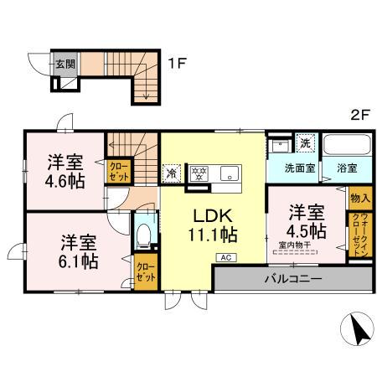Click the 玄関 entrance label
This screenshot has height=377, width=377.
(65, 63)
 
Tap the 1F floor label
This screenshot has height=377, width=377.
(174, 62)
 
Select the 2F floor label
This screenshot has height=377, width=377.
(359, 116)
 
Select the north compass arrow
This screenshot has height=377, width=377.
(359, 329)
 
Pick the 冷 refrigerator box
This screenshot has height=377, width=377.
(171, 175)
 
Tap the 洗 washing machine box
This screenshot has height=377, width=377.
(305, 142)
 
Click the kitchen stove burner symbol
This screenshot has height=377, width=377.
(199, 174)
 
